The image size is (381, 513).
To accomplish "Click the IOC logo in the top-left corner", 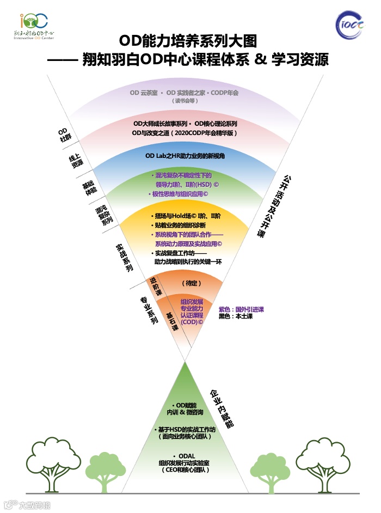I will click(33, 25).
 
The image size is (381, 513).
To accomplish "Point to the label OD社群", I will click(64, 135).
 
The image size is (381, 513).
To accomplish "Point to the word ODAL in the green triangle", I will click(185, 455).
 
